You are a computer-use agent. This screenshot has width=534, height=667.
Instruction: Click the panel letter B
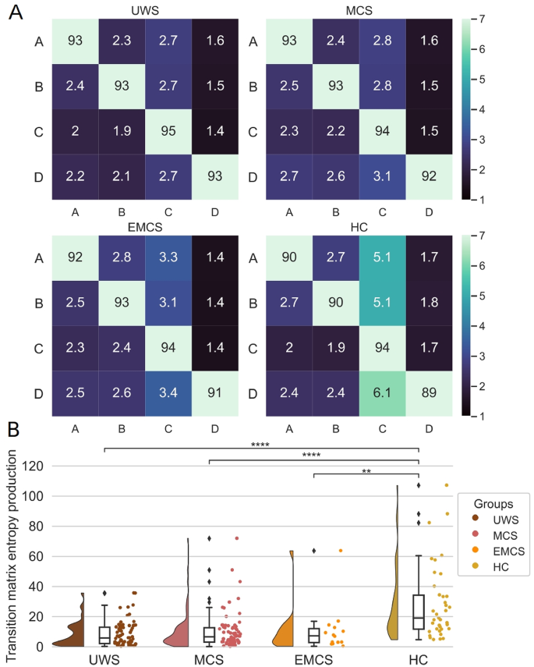pos(13,429)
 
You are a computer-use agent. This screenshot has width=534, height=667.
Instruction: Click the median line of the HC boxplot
pos(419,618)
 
